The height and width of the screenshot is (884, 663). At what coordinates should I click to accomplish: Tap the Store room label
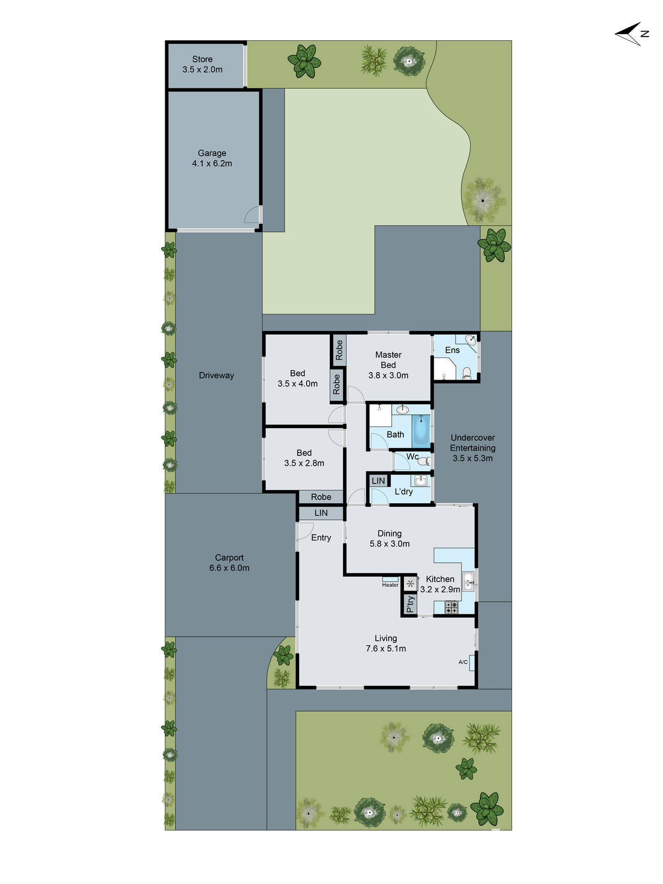pyautogui.click(x=202, y=59)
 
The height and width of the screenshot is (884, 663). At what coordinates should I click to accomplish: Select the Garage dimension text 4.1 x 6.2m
pyautogui.click(x=212, y=164)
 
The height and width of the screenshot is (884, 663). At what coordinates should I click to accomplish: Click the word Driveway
pyautogui.click(x=216, y=376)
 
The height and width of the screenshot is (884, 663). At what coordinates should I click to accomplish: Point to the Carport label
pyautogui.click(x=229, y=557)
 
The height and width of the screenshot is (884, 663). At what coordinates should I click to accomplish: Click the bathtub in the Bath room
pyautogui.click(x=421, y=430)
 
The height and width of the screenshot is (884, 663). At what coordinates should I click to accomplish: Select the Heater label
pyautogui.click(x=390, y=585)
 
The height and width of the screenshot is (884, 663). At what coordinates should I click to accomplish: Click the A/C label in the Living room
pyautogui.click(x=463, y=662)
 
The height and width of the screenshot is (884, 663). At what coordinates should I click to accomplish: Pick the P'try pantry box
pyautogui.click(x=409, y=604)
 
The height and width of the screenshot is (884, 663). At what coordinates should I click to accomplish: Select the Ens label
pyautogui.click(x=452, y=350)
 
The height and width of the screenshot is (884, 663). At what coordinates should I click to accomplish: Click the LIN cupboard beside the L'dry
pyautogui.click(x=378, y=481)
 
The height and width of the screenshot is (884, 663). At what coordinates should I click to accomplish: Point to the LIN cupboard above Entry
pyautogui.click(x=321, y=513)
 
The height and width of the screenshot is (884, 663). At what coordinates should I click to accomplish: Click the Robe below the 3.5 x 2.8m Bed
pyautogui.click(x=321, y=497)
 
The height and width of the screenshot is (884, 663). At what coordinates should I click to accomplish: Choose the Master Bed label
pyautogui.click(x=388, y=360)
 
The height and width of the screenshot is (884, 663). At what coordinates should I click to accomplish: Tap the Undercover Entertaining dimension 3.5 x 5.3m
pyautogui.click(x=472, y=458)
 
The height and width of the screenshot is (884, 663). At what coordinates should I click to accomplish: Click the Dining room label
pyautogui.click(x=390, y=533)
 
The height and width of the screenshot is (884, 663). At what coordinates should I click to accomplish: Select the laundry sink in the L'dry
pyautogui.click(x=420, y=481)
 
